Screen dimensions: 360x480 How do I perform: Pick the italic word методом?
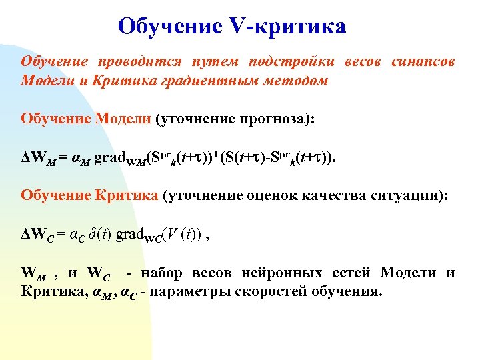pos(301,80)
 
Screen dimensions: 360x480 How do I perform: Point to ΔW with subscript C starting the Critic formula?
pos(37,237)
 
